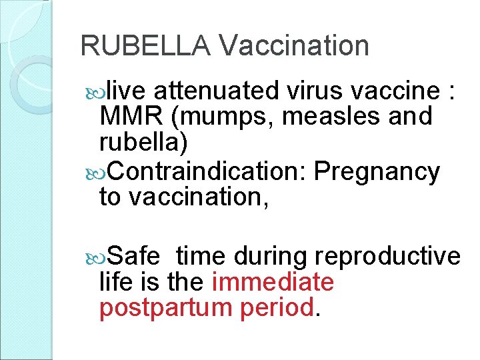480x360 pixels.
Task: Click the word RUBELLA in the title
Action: tap(145, 45)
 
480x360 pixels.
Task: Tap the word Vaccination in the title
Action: tap(293, 45)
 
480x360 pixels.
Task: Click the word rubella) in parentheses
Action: tap(143, 142)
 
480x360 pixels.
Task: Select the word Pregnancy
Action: tap(377, 172)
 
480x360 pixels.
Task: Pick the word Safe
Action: tap(133, 255)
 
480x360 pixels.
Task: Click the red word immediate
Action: tap(272, 282)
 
